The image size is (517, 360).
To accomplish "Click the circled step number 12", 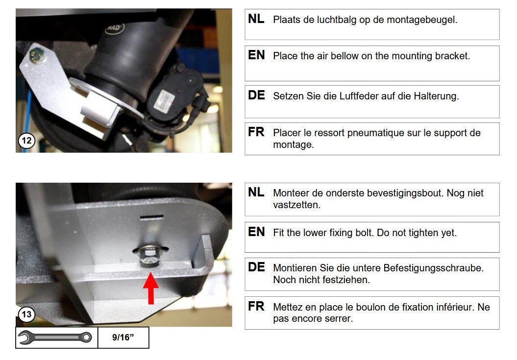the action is pos(26,141).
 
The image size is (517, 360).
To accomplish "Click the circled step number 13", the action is pos(26,314).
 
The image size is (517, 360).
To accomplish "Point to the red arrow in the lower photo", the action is pos(150,288).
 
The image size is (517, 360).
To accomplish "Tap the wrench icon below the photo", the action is pos(55,337).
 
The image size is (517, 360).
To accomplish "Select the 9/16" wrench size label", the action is pos(123,337).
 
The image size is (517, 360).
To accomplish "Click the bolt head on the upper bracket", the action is pos(37,55).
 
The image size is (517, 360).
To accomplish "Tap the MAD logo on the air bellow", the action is pos(114,28).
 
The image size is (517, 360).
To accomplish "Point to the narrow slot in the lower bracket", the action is pos(152,217).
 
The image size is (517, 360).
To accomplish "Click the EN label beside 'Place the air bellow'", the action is pos(256,55).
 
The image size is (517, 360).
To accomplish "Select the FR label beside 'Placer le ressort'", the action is pos(256,132).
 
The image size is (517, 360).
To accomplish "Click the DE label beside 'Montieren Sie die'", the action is pos(256,267).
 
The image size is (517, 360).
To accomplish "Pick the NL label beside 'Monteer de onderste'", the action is pos(256,192).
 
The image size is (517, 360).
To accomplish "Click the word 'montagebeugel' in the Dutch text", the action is pos(422,20).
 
